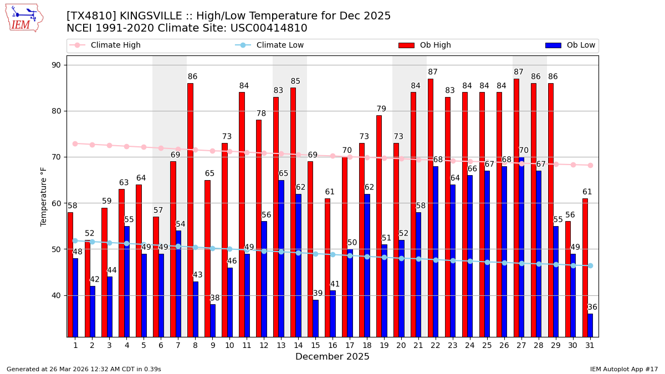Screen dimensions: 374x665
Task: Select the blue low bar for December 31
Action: (590, 325)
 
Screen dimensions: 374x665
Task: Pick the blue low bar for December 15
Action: (315, 318)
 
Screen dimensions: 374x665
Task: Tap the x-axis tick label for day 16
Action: (332, 345)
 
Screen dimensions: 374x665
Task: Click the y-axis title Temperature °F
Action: (44, 196)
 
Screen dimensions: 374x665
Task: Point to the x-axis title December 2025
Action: (332, 357)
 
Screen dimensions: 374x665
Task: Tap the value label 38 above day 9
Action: (214, 298)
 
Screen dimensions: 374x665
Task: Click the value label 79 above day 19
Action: (381, 109)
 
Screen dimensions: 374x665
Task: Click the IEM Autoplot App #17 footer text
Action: (624, 369)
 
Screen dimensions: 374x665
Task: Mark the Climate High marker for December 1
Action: (75, 144)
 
